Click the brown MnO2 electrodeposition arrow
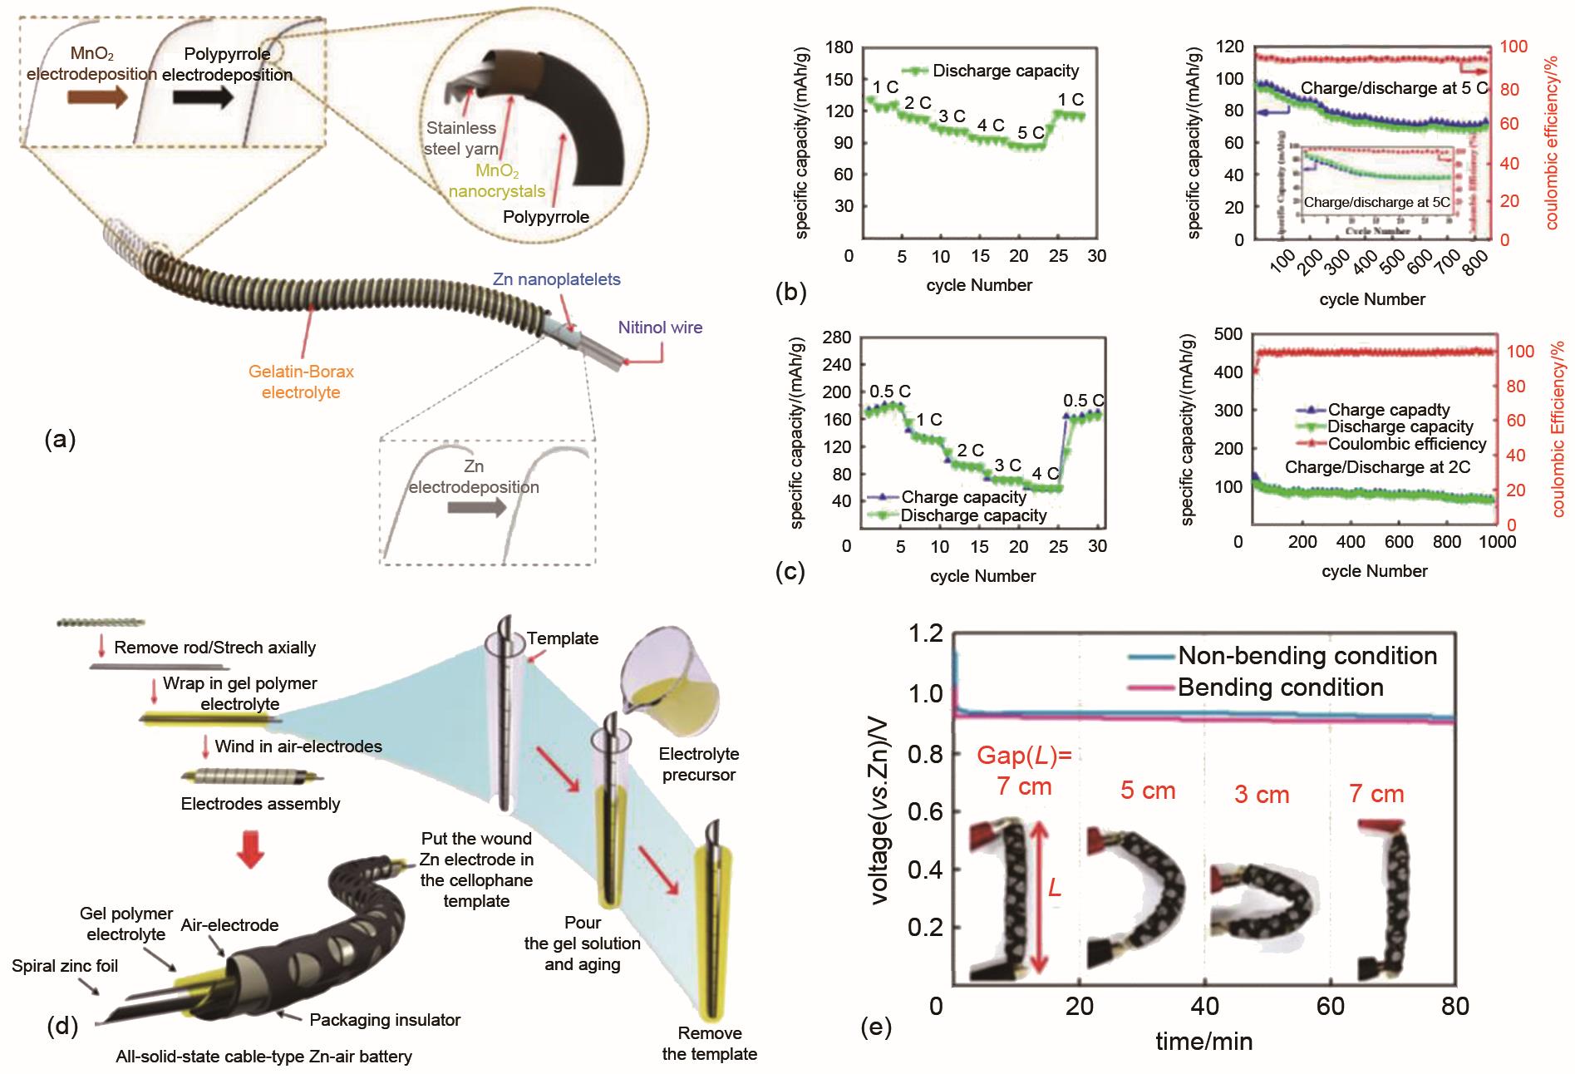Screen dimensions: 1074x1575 pos(96,97)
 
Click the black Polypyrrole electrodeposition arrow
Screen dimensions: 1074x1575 pos(202,97)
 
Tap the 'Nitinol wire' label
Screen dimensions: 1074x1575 pos(660,328)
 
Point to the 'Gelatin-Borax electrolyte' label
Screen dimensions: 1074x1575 pos(301,382)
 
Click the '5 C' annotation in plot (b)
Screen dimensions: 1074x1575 pos(1031,132)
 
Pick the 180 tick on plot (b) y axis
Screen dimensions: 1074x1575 pos(840,47)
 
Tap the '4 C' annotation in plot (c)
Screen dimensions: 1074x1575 pos(1045,474)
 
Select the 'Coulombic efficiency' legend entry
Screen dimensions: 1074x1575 pos(1406,444)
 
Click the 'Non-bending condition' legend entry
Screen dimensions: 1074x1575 pos(1307,656)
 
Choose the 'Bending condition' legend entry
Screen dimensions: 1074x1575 pos(1280,687)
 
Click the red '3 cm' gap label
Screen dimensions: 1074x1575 pos(1261,794)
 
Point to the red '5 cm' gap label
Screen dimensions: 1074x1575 pos(1147,790)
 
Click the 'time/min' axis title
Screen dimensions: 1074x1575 pos(1203,1041)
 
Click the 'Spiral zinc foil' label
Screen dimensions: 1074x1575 pos(65,965)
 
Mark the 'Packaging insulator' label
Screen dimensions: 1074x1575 pos(385,1019)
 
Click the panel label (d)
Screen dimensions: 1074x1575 pos(62,1027)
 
